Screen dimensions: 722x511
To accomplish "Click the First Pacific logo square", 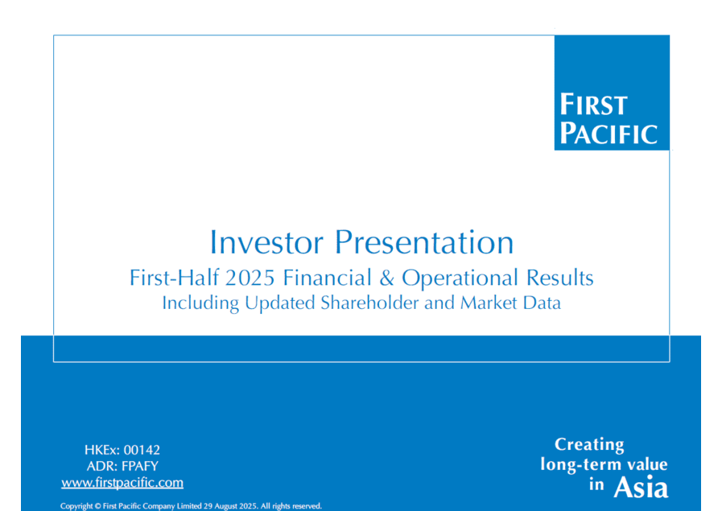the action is (x=612, y=93).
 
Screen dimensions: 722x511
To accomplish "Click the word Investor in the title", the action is (x=266, y=242).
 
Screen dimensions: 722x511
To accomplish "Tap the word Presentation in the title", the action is (x=423, y=242).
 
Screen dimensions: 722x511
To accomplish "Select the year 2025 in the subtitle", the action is (x=250, y=278).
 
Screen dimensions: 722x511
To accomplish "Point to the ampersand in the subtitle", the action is (x=387, y=278).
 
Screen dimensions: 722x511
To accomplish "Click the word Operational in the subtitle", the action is (x=460, y=278).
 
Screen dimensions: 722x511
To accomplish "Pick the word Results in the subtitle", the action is (x=559, y=278).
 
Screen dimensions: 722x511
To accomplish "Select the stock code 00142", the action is (x=142, y=450).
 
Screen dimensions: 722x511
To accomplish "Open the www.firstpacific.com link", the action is (x=122, y=483).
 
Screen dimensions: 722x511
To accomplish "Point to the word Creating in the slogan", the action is (x=589, y=445).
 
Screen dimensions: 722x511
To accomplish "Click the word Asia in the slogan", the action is (x=641, y=487).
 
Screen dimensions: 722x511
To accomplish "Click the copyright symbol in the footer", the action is (x=97, y=506).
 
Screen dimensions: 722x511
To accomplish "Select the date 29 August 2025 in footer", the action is (x=230, y=506).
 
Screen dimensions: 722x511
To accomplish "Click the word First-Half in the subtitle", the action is (x=175, y=278).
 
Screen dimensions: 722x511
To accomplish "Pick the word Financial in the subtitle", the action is (x=327, y=278).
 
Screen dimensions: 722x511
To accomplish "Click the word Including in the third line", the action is (x=200, y=303).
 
